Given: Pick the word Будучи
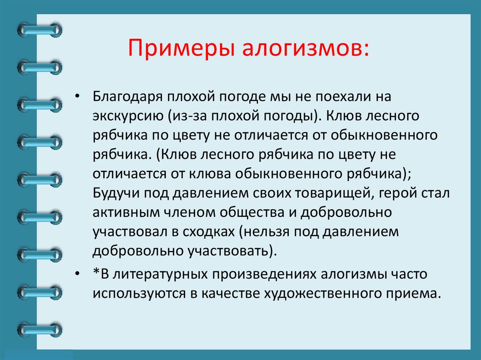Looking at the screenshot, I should (114, 193).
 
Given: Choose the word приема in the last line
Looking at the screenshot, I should (420, 293).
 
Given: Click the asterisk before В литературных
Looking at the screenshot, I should (96, 273).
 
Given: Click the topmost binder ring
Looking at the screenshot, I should (39, 31).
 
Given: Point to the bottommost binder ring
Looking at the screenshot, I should (39, 329).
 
